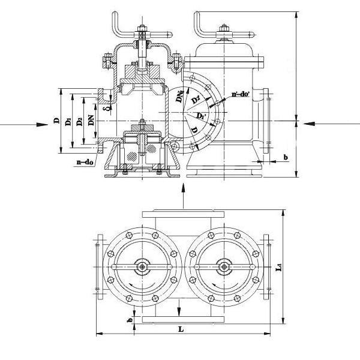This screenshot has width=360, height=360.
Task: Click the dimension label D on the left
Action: (56, 121)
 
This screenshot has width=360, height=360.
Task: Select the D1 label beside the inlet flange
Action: (68, 121)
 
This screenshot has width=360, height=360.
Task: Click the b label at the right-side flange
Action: (285, 157)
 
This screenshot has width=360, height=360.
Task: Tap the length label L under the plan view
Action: (181, 329)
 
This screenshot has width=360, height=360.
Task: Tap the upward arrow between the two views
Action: (182, 190)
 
